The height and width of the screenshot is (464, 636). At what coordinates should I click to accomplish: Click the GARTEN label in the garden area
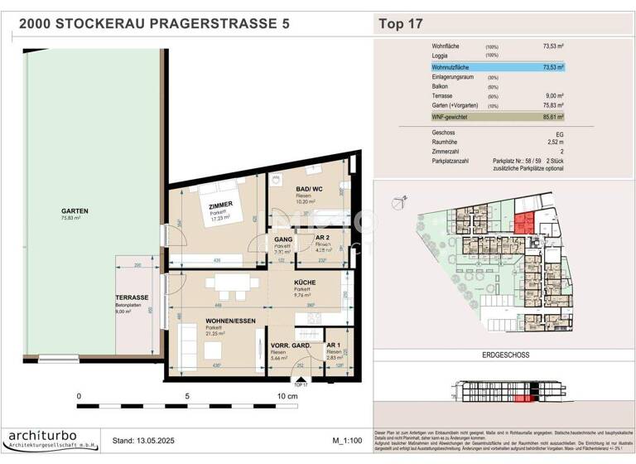75,210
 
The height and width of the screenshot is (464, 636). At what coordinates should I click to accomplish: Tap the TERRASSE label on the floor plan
132,297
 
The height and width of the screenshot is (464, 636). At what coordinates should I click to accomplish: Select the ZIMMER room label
220,204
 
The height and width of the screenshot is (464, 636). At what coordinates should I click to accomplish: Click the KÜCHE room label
305,283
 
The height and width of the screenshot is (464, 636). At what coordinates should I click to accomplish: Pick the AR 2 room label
325,239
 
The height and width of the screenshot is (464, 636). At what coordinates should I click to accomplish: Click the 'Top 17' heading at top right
401,24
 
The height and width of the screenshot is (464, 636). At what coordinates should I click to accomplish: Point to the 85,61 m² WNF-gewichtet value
553,118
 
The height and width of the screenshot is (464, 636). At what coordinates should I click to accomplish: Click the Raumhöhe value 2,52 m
553,142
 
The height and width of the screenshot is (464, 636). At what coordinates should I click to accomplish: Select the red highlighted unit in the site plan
522,222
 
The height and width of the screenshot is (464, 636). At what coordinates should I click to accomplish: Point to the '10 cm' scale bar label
287,396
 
